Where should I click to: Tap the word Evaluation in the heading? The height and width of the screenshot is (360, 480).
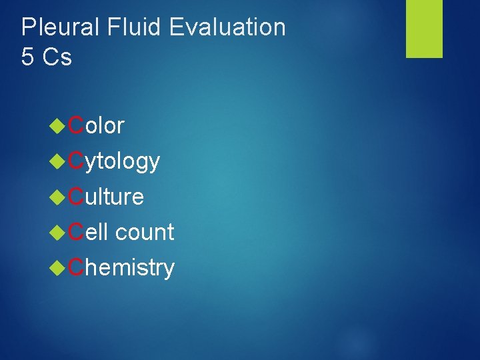[227, 28]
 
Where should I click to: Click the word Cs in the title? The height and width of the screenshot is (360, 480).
[57, 57]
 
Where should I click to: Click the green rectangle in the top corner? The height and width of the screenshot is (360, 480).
[425, 29]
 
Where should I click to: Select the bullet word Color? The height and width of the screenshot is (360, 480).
[96, 125]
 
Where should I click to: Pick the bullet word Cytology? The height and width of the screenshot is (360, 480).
[114, 161]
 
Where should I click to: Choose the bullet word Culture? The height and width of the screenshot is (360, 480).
[106, 197]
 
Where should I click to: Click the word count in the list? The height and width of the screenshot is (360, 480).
[144, 232]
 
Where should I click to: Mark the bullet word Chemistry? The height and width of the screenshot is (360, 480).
[121, 267]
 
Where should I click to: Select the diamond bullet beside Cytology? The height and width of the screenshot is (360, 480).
[58, 161]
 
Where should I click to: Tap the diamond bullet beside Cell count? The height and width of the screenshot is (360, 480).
[58, 232]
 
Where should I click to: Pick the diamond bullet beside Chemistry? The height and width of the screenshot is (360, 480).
[58, 267]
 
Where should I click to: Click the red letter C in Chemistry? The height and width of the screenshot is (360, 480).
[76, 267]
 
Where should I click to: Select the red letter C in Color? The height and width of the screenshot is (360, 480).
[76, 125]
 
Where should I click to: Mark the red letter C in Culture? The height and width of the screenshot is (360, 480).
[76, 197]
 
